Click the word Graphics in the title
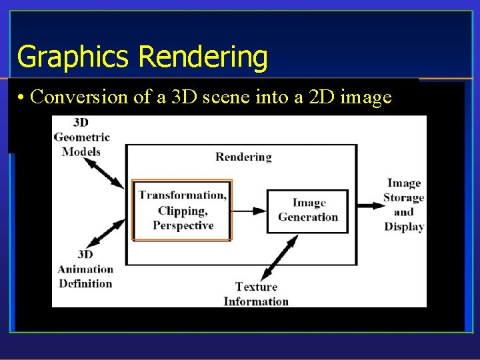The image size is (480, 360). click(74, 57)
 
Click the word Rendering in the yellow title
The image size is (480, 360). click(203, 57)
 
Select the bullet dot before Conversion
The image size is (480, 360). click(22, 98)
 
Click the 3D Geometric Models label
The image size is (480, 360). click(81, 137)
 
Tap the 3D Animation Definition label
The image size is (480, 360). click(85, 269)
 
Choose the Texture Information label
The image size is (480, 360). click(256, 294)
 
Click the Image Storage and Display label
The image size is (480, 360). click(404, 205)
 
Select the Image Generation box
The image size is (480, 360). click(307, 211)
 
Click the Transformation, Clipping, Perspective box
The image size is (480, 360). click(182, 210)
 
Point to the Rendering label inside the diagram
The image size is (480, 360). click(243, 157)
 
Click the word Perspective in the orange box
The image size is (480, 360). click(183, 225)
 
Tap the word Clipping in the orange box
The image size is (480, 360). click(181, 211)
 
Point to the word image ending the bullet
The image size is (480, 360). click(366, 97)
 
